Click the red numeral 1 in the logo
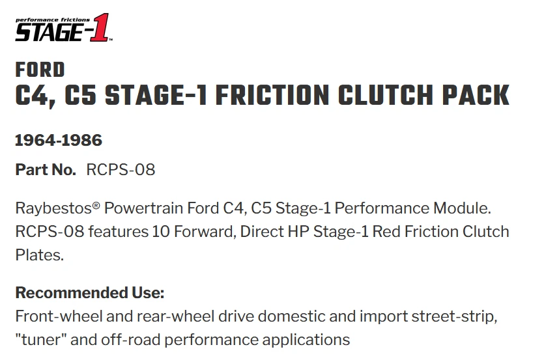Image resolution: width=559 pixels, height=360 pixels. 100,27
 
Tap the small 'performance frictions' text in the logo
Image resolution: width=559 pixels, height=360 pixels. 53,20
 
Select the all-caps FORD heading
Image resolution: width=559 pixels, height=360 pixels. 40,70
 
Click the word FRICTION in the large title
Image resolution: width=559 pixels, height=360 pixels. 272,96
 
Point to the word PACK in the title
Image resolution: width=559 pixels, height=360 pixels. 476,96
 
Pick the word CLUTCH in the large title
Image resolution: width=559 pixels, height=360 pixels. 386,96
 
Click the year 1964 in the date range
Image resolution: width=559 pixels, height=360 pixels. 35,141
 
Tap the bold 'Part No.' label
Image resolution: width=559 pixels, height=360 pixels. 46,169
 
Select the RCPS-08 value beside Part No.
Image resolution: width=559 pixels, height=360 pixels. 121,169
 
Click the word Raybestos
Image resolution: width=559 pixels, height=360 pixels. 53,208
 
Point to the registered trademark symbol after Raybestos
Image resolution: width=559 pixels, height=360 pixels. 96,205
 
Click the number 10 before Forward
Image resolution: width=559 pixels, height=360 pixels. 161,232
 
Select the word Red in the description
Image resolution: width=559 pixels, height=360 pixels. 386,232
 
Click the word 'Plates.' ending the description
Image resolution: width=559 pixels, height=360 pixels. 40,255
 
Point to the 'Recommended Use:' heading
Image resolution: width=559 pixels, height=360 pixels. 90,293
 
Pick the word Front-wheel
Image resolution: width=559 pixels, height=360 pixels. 59,316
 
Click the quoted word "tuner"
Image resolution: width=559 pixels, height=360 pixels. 41,339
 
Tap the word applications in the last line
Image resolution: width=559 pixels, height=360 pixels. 306,340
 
